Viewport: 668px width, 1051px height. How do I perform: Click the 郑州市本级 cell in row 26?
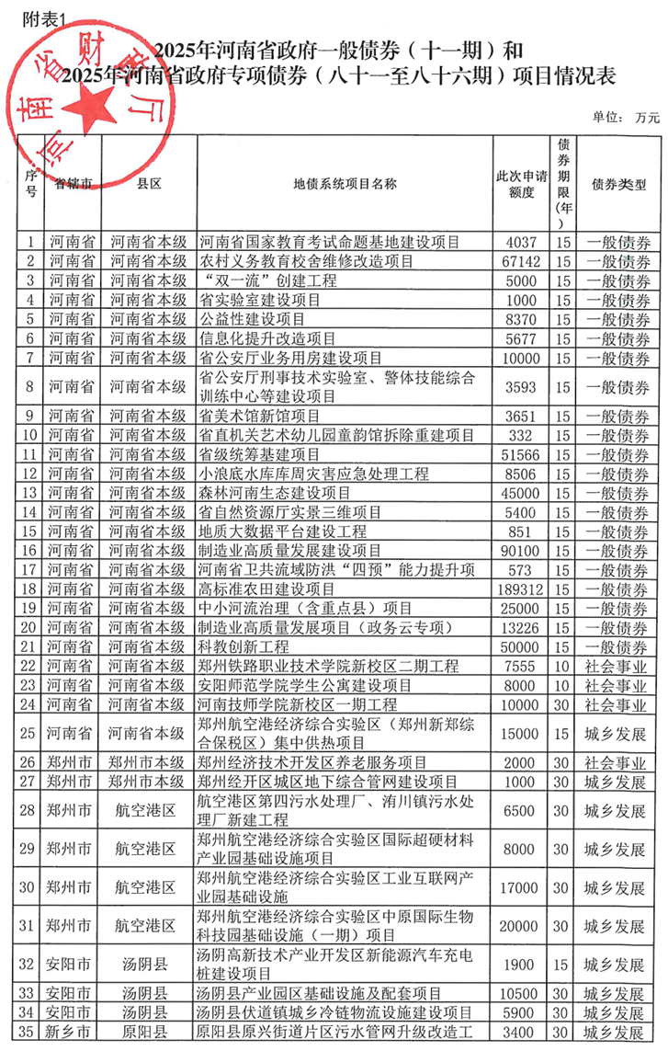click(x=148, y=762)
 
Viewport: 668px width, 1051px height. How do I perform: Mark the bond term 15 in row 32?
click(x=563, y=965)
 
